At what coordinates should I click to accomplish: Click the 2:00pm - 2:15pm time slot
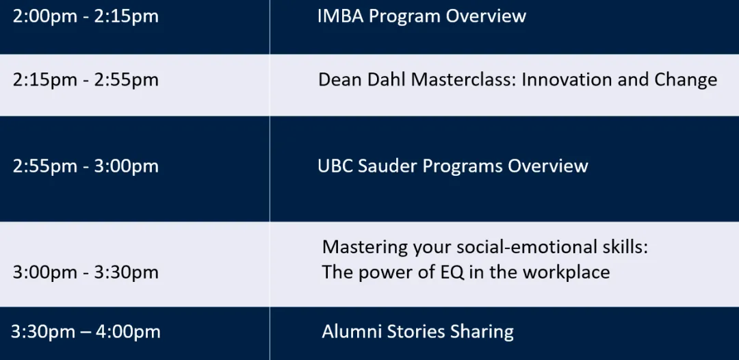tap(86, 17)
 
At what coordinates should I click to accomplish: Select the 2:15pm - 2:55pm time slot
tap(86, 80)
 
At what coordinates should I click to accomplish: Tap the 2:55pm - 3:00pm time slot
tap(86, 167)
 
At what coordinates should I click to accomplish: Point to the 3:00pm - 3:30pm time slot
tap(86, 273)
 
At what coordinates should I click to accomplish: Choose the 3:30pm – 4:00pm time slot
tap(86, 332)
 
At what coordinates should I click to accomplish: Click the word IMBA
tap(341, 16)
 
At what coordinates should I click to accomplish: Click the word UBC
tap(335, 166)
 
